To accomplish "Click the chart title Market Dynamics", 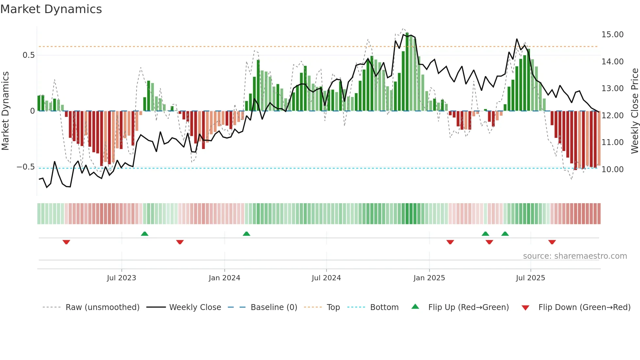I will click(51, 9).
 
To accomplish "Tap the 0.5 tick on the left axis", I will click(28, 55).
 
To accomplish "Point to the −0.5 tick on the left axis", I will click(25, 167).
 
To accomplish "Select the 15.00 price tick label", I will click(612, 35).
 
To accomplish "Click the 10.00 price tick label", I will click(612, 170).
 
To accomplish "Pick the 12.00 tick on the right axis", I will click(612, 116).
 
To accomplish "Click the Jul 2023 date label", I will click(121, 278).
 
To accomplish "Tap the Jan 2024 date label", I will click(224, 278).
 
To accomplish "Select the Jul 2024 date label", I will click(326, 278).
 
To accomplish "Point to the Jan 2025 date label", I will click(429, 278).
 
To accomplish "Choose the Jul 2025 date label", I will click(530, 278).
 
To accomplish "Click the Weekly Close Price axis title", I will click(634, 111).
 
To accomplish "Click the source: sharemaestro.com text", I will click(575, 256).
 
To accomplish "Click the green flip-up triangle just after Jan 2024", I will click(247, 234).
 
